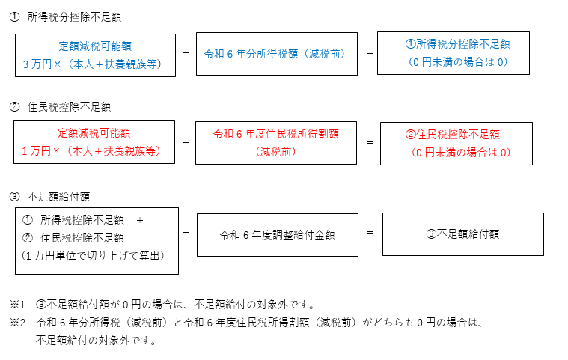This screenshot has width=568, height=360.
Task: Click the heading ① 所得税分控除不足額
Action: (x=66, y=17)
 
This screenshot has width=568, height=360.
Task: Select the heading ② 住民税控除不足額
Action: (x=60, y=107)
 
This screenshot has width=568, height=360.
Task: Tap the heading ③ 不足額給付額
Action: (x=49, y=197)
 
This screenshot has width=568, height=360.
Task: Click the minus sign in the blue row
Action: (x=186, y=53)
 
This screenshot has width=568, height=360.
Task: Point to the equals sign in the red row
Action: (x=370, y=143)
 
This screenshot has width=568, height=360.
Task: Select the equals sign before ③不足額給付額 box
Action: (x=370, y=233)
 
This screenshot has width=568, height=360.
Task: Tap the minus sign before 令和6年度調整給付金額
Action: (x=186, y=232)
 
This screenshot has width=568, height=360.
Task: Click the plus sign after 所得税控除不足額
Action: (x=140, y=220)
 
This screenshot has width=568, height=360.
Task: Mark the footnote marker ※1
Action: (x=17, y=305)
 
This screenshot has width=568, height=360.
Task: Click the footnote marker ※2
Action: (x=17, y=323)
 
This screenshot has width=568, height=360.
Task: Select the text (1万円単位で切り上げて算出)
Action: (x=93, y=256)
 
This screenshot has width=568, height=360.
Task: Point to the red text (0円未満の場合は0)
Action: (x=461, y=153)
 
